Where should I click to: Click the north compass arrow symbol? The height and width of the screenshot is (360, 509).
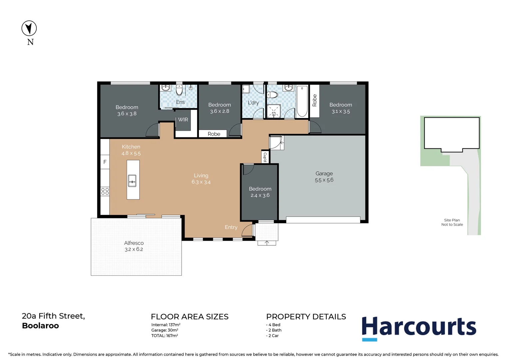(29, 28)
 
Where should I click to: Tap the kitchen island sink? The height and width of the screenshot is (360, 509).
(132, 181)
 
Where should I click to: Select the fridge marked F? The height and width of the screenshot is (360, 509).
(105, 162)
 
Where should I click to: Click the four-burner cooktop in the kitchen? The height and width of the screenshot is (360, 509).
(105, 191)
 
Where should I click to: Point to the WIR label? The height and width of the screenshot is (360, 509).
(183, 120)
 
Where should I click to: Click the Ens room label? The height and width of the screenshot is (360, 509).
(180, 102)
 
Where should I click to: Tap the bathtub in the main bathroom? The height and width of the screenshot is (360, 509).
(302, 101)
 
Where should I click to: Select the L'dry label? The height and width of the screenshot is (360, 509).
(253, 103)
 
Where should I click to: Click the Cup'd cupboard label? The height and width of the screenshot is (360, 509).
(265, 157)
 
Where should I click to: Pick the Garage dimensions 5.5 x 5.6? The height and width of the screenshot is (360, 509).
(324, 180)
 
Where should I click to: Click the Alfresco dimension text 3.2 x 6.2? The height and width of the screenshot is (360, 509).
(134, 249)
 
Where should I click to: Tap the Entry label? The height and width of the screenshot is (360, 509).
(231, 227)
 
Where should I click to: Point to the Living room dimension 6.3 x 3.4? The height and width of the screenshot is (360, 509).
(201, 182)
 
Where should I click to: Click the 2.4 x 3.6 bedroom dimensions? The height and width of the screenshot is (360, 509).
(260, 195)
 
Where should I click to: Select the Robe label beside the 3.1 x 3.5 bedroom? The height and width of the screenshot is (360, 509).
(314, 100)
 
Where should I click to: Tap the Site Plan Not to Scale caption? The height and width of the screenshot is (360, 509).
(452, 222)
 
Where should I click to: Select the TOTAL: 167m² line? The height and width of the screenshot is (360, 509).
(165, 336)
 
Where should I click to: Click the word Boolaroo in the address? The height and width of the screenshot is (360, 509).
(40, 326)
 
